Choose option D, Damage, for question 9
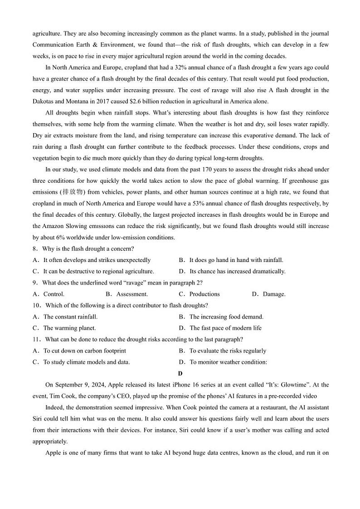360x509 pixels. (x=274, y=294)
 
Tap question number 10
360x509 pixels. (x=37, y=305)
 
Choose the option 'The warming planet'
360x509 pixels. (x=69, y=328)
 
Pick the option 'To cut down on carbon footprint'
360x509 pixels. (x=84, y=351)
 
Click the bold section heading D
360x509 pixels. (x=180, y=373)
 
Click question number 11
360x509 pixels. (x=37, y=339)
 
